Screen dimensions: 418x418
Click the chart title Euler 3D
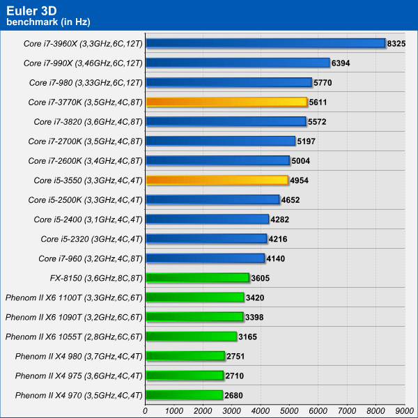(x=31, y=11)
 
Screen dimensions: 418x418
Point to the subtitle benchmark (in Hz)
(x=48, y=22)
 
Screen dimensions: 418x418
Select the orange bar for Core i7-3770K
(x=226, y=102)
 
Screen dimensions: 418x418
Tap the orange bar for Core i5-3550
(x=217, y=180)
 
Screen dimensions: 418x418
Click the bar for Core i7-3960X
(x=265, y=43)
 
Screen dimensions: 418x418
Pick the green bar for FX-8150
(x=198, y=278)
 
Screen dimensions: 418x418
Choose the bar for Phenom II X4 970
(x=184, y=395)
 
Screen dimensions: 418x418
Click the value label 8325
(x=396, y=43)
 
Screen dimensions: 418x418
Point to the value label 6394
(x=341, y=63)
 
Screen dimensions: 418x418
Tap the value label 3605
(x=260, y=278)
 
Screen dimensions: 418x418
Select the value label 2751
(x=235, y=356)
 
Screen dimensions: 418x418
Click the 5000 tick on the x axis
(x=289, y=411)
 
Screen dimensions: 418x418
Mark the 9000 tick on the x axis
(x=404, y=411)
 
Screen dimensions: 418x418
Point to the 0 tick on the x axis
(x=146, y=411)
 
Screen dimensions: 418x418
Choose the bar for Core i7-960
(x=206, y=258)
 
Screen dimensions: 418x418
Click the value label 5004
(x=300, y=161)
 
